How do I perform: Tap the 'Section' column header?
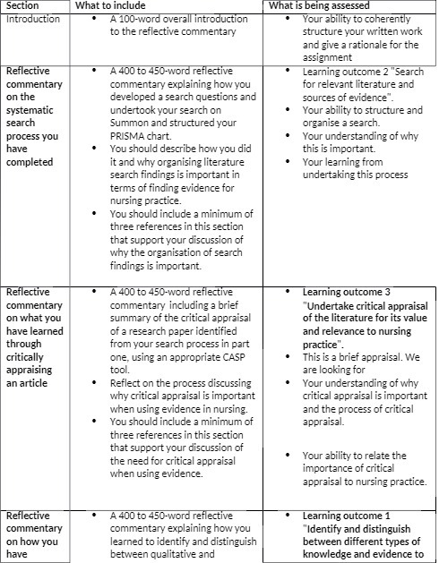[22, 6]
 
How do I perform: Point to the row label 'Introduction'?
[32, 20]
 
